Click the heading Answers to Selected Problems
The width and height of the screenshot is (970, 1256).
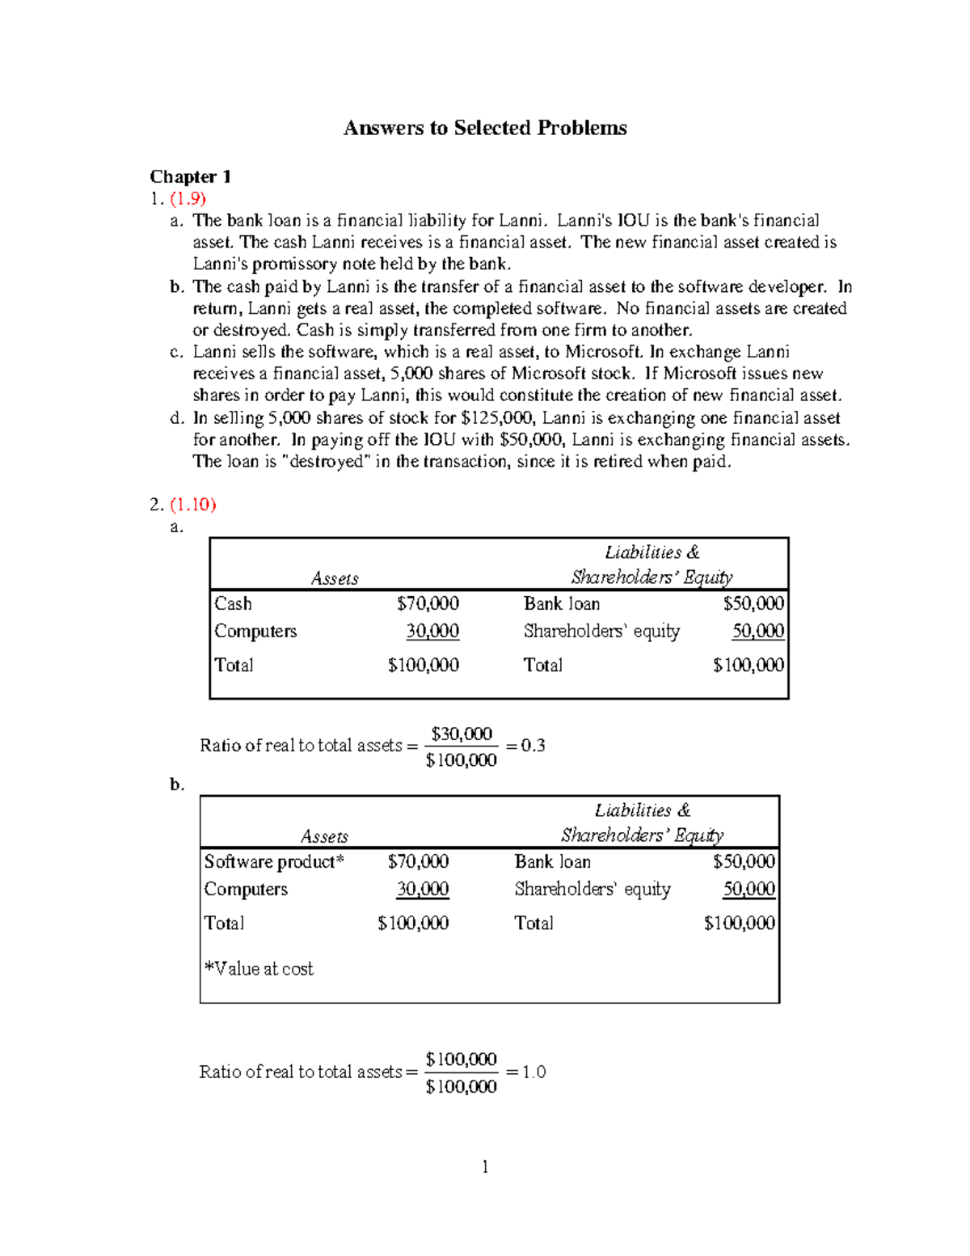coord(485,128)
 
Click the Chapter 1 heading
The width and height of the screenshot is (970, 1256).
coord(191,176)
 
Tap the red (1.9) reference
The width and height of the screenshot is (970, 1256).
coord(188,198)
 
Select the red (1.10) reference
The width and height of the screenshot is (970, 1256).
coord(192,505)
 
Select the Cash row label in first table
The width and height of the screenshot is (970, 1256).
coord(233,604)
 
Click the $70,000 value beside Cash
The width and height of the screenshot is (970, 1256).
coord(428,604)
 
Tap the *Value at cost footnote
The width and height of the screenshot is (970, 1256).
coord(259,969)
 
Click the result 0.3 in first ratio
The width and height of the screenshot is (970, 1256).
coord(533,746)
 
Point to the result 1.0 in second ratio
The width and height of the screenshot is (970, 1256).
coord(533,1072)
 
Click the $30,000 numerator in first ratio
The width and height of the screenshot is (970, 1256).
coord(462,734)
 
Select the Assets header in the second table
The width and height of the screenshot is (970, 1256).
coord(324,836)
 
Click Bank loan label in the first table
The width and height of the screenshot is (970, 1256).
coord(561,604)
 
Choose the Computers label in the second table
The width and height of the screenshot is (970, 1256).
coord(246,890)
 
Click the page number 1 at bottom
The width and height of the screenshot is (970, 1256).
coord(485,1166)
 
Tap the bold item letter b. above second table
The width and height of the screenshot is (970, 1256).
coord(177,784)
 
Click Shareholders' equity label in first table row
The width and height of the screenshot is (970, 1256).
coord(601,632)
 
